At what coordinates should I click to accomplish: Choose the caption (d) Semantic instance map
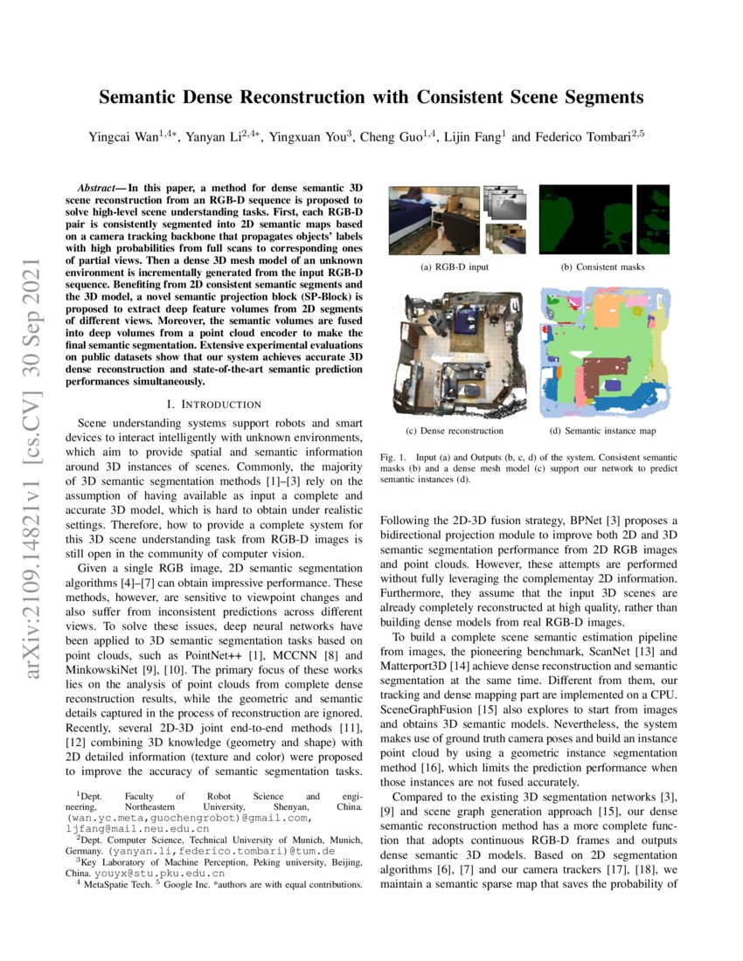tap(602, 431)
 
